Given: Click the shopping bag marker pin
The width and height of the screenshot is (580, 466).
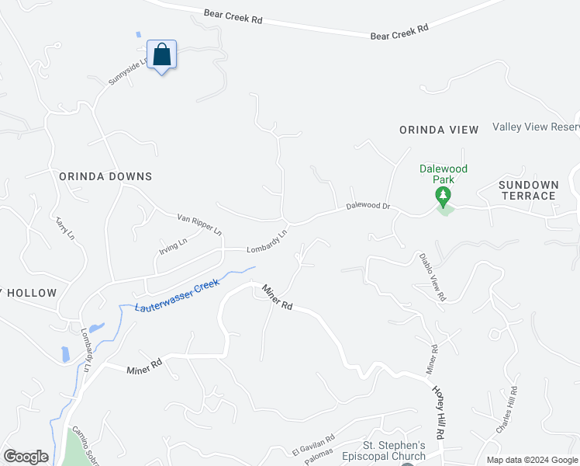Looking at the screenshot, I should click(161, 55).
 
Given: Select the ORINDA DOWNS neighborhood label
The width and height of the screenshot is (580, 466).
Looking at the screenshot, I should click(105, 176).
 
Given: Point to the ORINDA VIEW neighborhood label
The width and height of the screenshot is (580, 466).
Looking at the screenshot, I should click(439, 130).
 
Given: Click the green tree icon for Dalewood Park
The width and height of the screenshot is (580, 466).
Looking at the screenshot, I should click(444, 196).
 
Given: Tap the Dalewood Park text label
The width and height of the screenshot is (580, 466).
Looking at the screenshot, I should click(444, 174).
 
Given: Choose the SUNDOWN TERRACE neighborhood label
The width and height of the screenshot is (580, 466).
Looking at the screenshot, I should click(528, 190).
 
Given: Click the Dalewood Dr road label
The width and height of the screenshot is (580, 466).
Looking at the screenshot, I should click(368, 207).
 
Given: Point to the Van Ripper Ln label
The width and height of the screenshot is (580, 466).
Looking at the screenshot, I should click(200, 225).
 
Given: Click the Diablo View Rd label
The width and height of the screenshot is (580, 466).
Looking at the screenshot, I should click(433, 276).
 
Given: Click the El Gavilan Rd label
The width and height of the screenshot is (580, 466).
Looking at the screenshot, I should click(312, 445).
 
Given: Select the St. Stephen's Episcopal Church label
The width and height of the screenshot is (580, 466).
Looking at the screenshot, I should click(395, 450).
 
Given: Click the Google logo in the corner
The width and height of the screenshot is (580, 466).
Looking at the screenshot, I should click(26, 456).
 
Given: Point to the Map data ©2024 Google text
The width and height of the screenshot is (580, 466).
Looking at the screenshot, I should click(531, 460).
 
